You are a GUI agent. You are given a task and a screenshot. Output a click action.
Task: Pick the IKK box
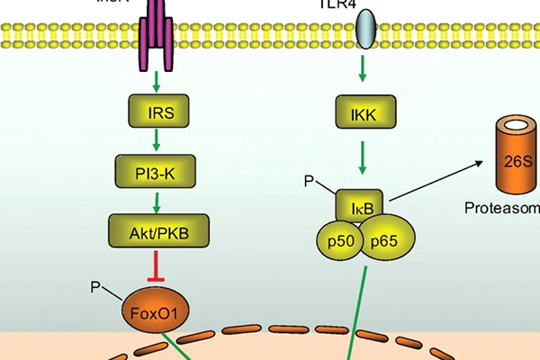364,113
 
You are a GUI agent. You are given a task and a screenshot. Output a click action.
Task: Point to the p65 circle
388,241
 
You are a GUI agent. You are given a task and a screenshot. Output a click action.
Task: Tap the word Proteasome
504,209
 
